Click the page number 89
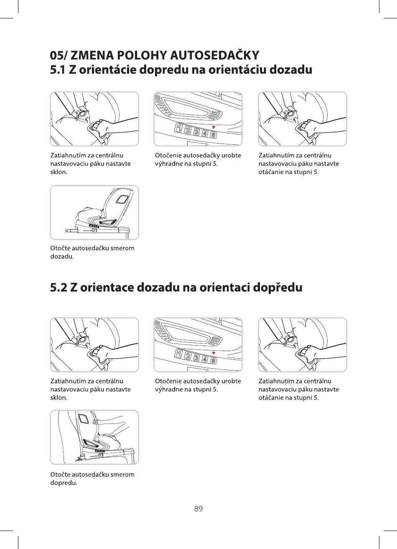coord(198,508)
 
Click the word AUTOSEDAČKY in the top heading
coord(214,55)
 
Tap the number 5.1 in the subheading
coord(58,70)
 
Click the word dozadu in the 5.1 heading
coord(291,69)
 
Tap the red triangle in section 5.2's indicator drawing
coord(214,353)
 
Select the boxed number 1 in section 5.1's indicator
coord(179,128)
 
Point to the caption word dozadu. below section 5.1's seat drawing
coord(62,257)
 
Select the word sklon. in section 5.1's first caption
coord(59,172)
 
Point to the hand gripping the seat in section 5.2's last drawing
coord(97,422)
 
